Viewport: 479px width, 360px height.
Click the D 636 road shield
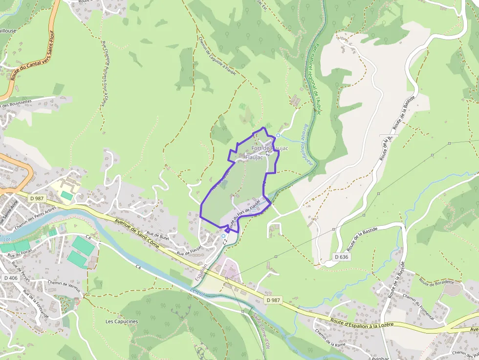342,257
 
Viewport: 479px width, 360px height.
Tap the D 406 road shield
10,278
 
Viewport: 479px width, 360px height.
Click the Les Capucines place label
122,321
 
